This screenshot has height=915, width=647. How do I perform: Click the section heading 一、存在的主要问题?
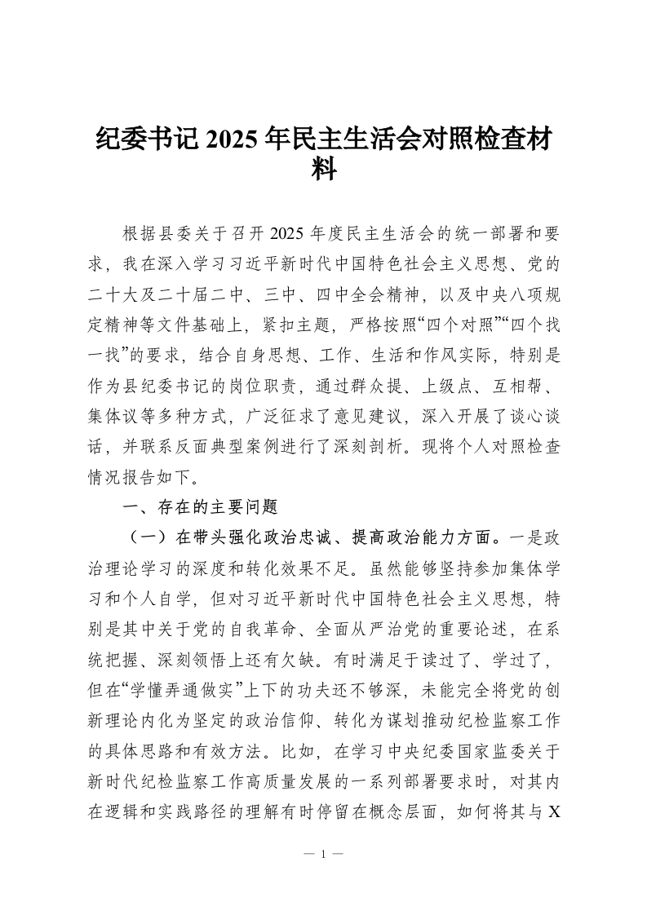(200, 506)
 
